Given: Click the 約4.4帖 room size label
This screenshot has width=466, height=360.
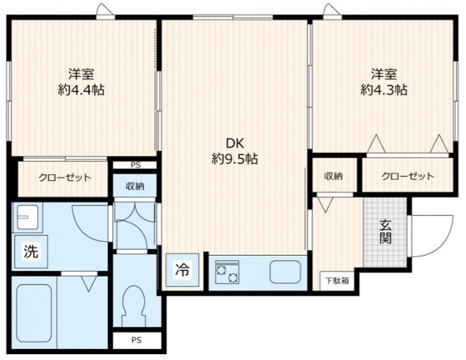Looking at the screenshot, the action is (x=81, y=90).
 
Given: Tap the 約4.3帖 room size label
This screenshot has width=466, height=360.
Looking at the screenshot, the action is (x=384, y=90).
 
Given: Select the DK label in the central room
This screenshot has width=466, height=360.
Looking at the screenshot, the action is (x=234, y=144).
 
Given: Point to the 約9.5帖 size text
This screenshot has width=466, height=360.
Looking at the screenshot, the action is (x=234, y=160).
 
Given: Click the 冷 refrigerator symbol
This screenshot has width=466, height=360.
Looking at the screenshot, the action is (x=182, y=270).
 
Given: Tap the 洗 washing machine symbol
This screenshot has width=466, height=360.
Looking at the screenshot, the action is (x=31, y=251).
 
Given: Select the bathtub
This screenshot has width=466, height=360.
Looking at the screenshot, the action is (x=34, y=313).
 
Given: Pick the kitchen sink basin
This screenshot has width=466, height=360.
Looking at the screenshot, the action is (x=285, y=272).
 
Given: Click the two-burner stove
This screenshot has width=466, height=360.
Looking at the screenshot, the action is (x=227, y=272).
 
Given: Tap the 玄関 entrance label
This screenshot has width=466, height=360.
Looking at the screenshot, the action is (x=385, y=232).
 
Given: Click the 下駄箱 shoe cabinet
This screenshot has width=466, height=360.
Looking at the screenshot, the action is (x=337, y=281).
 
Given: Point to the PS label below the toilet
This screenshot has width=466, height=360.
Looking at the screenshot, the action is (x=137, y=340).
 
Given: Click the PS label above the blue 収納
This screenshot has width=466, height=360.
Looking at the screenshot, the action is (x=135, y=165).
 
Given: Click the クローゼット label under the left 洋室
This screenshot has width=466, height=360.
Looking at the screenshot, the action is (x=65, y=178).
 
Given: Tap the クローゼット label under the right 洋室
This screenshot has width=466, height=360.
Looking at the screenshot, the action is (x=408, y=176).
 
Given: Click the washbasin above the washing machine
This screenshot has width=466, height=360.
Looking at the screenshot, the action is (x=28, y=217).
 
